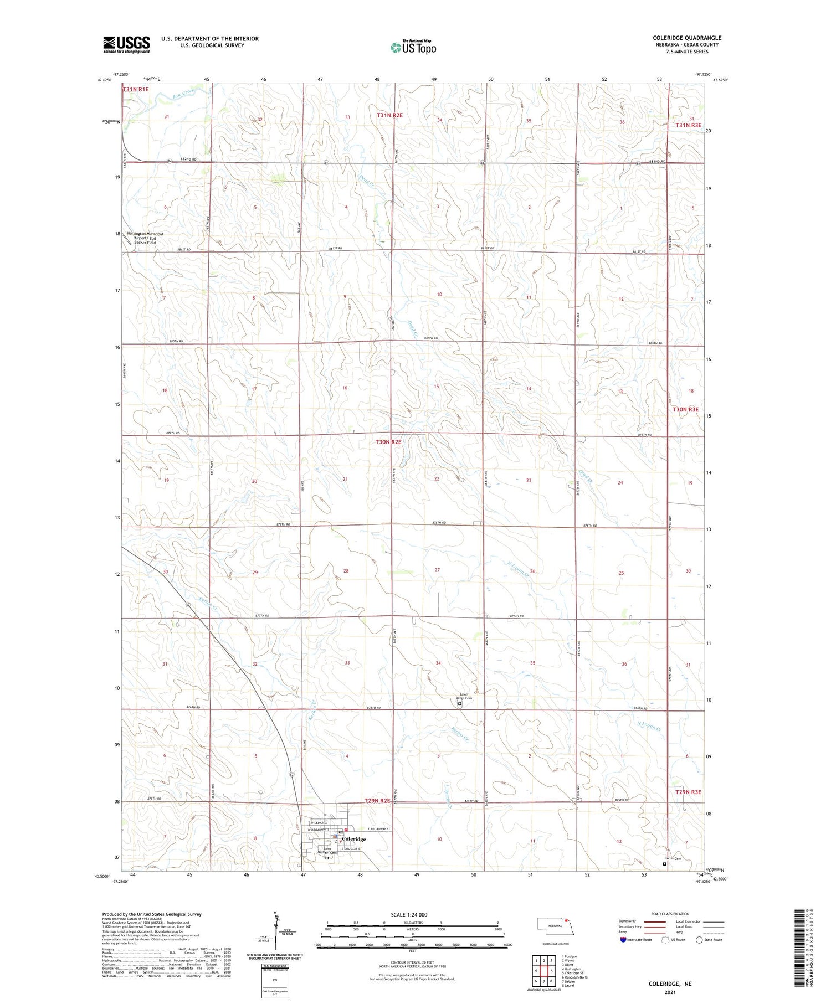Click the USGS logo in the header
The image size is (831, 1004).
point(126,44)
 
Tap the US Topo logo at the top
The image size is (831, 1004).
point(413,48)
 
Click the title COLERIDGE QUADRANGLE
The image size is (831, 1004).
point(686,38)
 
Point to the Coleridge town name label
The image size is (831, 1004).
point(353,840)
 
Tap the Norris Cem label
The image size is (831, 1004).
point(673,859)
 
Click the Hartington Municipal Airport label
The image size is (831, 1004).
point(145,238)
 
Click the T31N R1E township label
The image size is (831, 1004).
point(136,89)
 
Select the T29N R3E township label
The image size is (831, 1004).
point(688,792)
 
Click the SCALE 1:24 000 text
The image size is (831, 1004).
point(408,915)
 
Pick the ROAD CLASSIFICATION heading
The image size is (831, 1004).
point(670,914)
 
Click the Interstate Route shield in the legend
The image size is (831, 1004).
point(623,940)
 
